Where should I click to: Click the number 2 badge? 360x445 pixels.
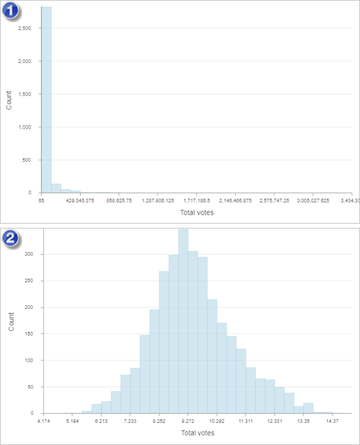[12, 237]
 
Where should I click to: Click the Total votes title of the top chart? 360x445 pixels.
[197, 212]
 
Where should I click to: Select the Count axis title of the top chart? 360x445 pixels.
[8, 100]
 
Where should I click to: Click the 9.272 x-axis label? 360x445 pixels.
[188, 422]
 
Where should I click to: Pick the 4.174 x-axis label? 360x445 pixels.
[43, 422]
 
